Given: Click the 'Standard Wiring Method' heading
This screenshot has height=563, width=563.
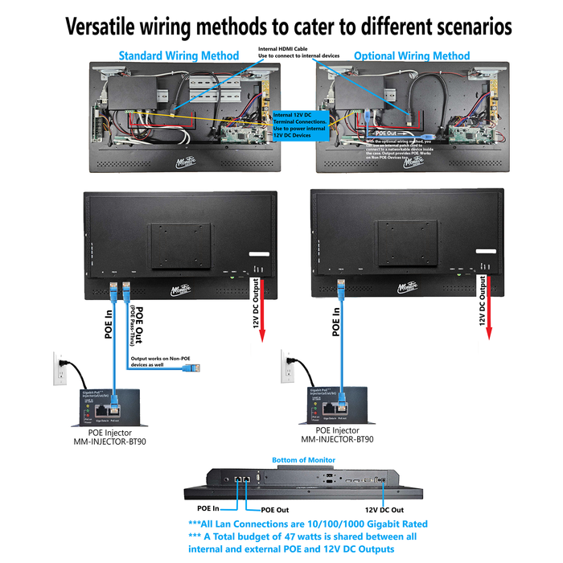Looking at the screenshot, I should [x=179, y=55].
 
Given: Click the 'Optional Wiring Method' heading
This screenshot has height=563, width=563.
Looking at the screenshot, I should [x=412, y=55].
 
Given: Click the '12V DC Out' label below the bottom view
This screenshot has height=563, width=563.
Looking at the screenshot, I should [x=384, y=510].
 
